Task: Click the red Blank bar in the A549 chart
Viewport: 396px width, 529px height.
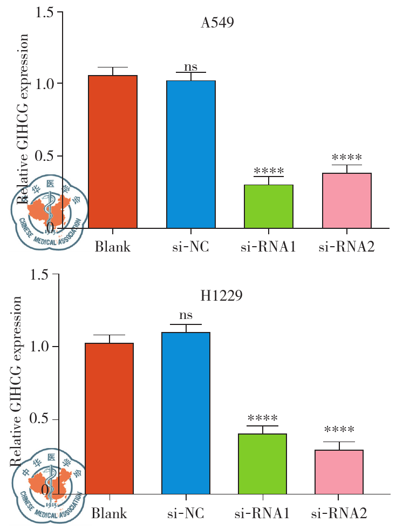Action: tap(112, 151)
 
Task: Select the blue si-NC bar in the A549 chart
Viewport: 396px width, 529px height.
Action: tap(190, 154)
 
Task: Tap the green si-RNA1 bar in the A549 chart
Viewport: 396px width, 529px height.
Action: tap(268, 206)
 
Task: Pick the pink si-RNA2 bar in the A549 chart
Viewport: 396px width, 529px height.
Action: tap(346, 200)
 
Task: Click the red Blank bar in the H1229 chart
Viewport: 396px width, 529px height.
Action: tap(108, 418)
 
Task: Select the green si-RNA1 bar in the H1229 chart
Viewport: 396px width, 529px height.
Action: tap(262, 464)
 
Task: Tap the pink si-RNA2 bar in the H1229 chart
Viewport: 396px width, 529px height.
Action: tap(339, 472)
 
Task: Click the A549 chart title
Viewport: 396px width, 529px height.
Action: tap(217, 24)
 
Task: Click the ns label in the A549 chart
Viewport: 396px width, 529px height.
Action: tap(190, 67)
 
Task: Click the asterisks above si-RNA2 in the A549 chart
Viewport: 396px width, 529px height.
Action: tap(346, 158)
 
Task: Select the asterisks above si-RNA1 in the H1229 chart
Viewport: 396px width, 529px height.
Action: tap(262, 418)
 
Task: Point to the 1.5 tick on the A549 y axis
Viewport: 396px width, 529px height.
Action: tap(46, 11)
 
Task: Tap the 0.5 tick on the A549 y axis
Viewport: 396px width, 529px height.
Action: tap(46, 156)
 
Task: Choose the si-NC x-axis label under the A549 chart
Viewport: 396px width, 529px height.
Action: tap(190, 247)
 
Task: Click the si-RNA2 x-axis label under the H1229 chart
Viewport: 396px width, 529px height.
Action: tap(339, 512)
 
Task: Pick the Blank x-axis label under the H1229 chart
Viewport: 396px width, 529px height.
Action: tap(108, 512)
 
